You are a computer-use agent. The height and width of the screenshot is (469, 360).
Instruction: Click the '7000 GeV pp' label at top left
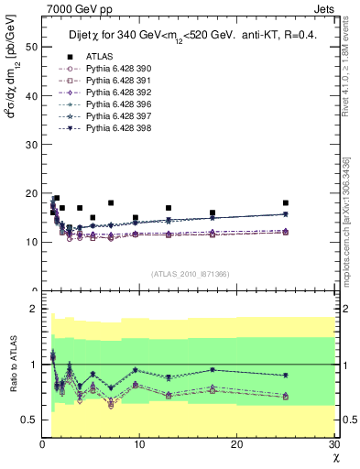(74, 8)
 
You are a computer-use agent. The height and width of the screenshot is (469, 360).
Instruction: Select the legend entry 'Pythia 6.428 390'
(109, 94)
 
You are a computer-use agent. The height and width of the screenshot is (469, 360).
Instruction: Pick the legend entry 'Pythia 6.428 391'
(109, 106)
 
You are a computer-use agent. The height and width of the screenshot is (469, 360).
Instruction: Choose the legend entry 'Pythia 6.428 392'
(109, 118)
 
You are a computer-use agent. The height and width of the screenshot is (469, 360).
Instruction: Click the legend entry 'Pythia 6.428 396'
(109, 130)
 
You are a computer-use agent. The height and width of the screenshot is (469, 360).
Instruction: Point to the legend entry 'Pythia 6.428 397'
(109, 142)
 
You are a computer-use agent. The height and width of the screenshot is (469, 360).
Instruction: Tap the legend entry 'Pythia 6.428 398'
(109, 154)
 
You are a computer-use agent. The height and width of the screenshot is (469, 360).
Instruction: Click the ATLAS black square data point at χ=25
(286, 202)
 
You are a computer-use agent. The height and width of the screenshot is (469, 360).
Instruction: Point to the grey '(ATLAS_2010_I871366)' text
(190, 274)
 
